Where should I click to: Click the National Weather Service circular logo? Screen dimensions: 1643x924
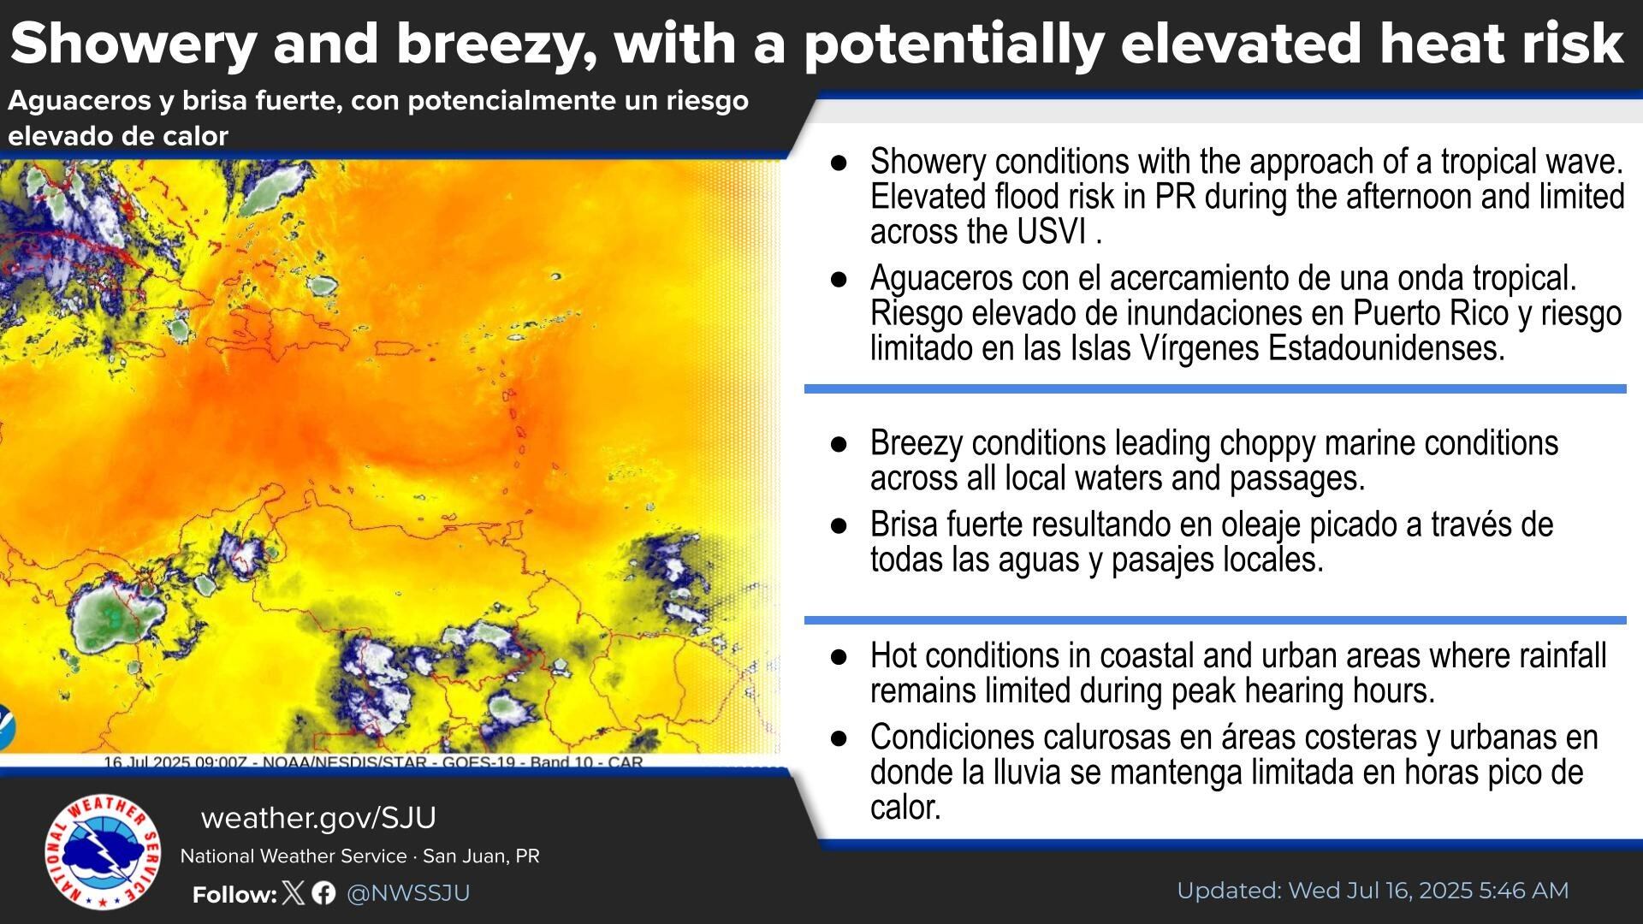tap(102, 852)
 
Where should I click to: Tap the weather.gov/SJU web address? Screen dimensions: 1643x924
tap(318, 818)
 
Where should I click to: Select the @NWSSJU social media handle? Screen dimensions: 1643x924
tap(408, 893)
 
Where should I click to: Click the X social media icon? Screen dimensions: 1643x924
tap(293, 893)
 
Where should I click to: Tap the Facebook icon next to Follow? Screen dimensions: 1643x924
tap(323, 893)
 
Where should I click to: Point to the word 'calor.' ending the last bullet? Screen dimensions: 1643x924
tap(905, 808)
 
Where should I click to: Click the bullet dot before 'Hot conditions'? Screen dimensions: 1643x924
tap(839, 656)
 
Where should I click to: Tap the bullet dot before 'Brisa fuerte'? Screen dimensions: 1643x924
tap(839, 525)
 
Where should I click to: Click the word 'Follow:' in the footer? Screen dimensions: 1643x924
tap(234, 895)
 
